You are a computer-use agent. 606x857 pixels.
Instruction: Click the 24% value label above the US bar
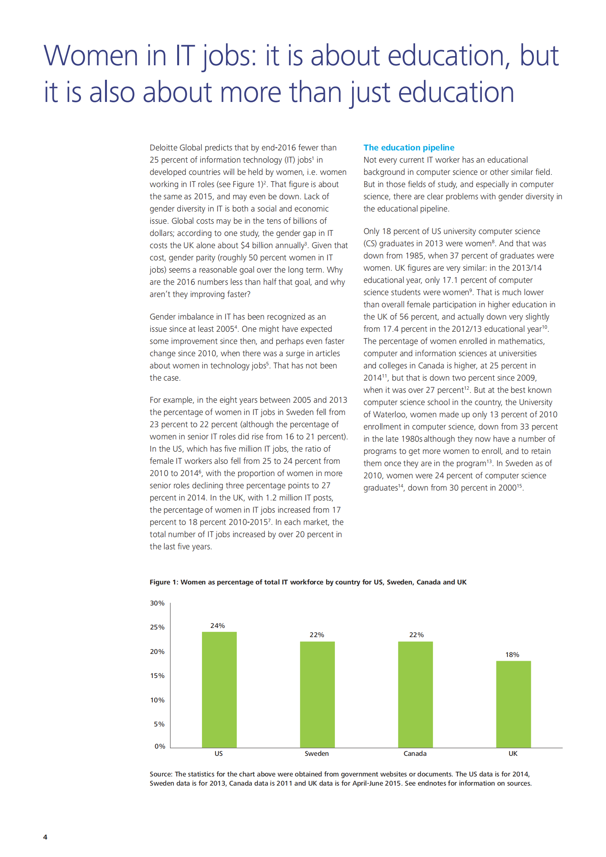[x=218, y=625]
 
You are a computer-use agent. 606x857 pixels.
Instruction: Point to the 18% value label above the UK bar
[x=512, y=654]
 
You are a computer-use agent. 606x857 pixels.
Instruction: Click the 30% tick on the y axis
[x=157, y=603]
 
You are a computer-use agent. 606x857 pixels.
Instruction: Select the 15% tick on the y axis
[x=157, y=675]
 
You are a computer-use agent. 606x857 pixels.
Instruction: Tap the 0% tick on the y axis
[x=160, y=746]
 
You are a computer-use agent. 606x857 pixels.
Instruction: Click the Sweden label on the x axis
[x=317, y=753]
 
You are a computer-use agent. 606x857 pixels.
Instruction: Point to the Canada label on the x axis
[x=415, y=753]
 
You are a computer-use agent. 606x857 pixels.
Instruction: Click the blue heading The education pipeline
[x=409, y=147]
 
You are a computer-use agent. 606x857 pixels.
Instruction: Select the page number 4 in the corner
[x=45, y=837]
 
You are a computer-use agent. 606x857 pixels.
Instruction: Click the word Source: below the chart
[x=161, y=774]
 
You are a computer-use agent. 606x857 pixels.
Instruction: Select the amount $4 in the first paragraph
[x=245, y=245]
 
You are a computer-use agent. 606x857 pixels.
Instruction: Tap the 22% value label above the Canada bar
[x=416, y=634]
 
